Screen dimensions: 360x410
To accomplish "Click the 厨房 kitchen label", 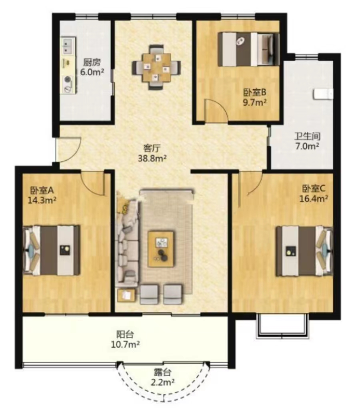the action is (92, 62).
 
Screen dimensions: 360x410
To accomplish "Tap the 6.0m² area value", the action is (92, 72).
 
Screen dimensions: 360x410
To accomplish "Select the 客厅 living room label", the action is (152, 149).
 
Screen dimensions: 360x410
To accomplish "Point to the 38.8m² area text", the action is (152, 158).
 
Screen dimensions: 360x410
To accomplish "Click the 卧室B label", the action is (255, 92).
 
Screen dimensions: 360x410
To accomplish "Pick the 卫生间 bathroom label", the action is (307, 136).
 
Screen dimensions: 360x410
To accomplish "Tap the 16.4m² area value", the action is (314, 199).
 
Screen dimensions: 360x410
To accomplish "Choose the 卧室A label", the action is (42, 190).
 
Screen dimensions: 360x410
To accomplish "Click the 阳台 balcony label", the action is (125, 334).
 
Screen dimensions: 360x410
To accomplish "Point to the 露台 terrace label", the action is (162, 372).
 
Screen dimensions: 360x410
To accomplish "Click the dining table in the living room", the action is (156, 67).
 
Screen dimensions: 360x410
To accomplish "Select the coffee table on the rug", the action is (161, 249).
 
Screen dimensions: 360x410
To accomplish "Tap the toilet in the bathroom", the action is (323, 94).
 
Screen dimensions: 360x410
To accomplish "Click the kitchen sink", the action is (68, 45).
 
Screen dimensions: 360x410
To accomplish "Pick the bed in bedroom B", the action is (248, 49).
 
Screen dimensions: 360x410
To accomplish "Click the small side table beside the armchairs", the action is (126, 295).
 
